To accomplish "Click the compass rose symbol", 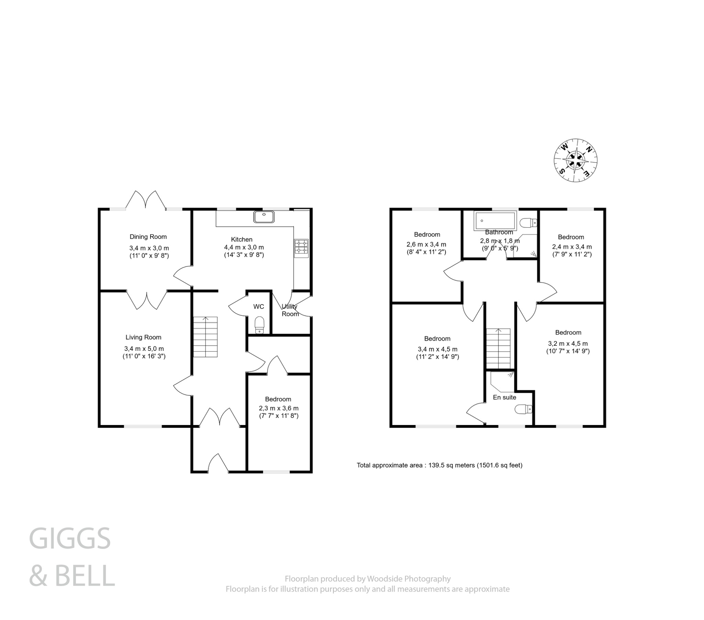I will [x=575, y=160].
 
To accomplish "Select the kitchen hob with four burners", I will [x=301, y=248].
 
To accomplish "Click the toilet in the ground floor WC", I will [x=259, y=325].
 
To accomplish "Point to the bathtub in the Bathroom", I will [x=495, y=220].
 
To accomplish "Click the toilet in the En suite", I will [x=524, y=410].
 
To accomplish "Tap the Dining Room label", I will [x=148, y=237].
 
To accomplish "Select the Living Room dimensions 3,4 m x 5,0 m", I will [x=144, y=348].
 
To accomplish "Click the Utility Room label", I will [x=290, y=310].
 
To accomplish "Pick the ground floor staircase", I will [x=205, y=337].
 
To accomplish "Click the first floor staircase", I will [x=498, y=348].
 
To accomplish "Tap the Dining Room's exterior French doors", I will [x=146, y=200].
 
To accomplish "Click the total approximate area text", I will [x=439, y=465].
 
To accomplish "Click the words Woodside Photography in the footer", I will [x=408, y=579].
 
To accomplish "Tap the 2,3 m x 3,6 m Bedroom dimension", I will [x=279, y=408].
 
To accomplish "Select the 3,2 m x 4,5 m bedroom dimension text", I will [x=568, y=343].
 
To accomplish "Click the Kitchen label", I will [x=241, y=240].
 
